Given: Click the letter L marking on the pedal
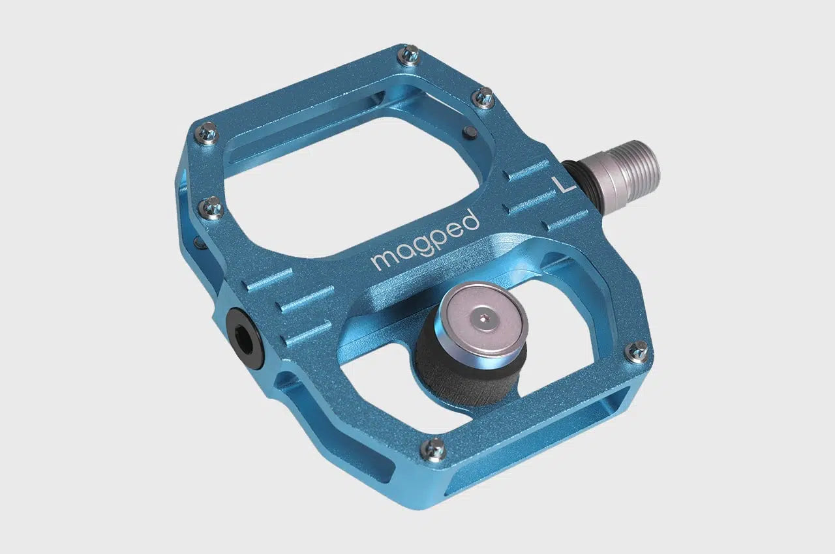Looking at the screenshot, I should (563, 185).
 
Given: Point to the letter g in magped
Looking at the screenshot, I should (423, 248).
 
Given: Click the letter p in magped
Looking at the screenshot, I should (439, 240).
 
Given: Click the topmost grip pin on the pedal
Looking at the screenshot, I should (409, 55).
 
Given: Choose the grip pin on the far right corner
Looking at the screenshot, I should (637, 351).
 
